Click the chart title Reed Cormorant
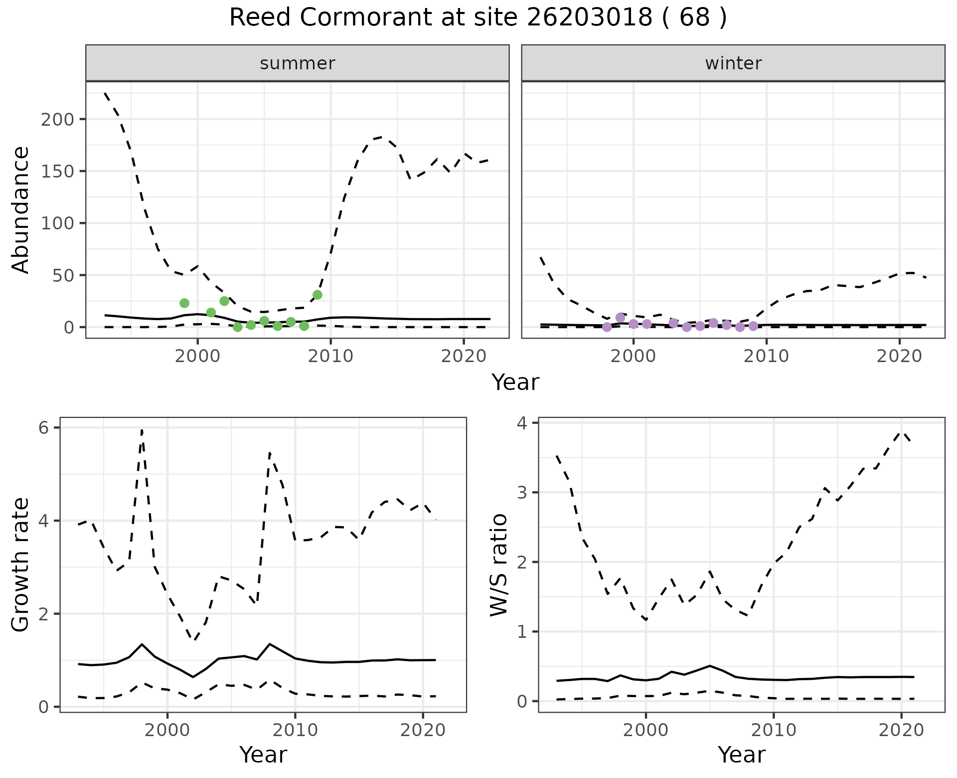point(478,18)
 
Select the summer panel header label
point(298,63)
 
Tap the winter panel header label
point(733,63)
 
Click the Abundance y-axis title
point(21,210)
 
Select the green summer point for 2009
point(318,295)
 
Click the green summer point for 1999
point(184,303)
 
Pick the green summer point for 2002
point(224,301)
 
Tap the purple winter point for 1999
point(621,318)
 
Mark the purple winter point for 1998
point(607,327)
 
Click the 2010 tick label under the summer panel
point(330,357)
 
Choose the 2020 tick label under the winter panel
point(900,357)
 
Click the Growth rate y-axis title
point(21,565)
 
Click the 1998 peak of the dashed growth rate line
point(142,430)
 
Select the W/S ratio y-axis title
point(499,565)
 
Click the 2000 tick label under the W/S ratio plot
point(646,731)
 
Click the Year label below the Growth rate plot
point(263,755)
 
